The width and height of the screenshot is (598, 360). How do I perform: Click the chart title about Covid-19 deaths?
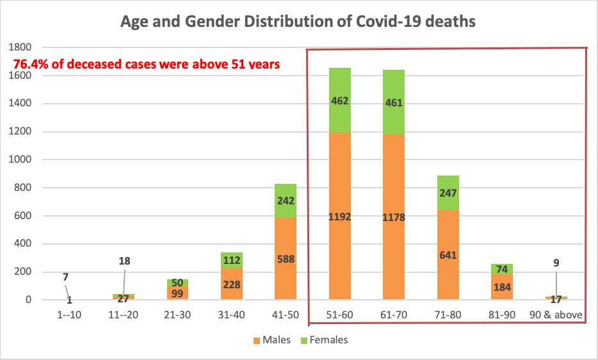coord(298,21)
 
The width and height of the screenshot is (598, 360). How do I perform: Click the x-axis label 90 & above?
coord(556,315)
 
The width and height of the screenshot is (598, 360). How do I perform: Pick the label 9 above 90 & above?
coord(556,262)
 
